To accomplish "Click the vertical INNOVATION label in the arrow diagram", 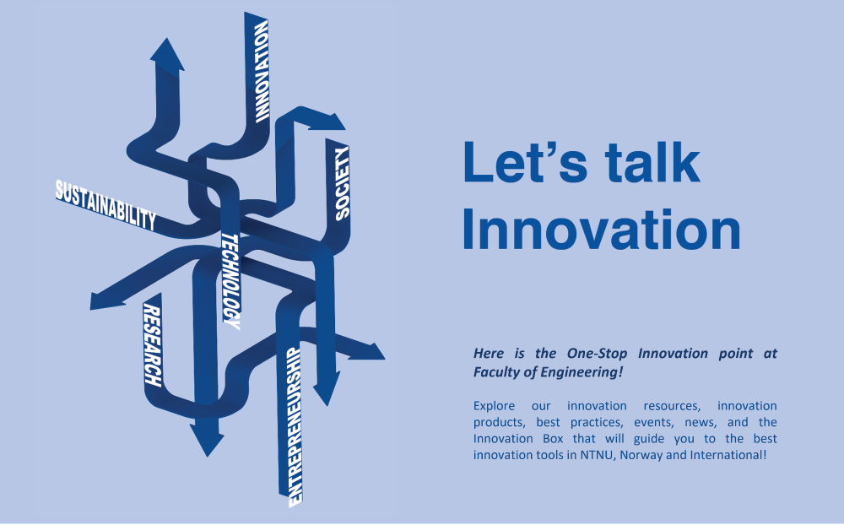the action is click(x=262, y=72).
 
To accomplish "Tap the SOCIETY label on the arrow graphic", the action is click(x=342, y=184).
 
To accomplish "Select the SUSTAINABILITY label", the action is click(x=106, y=204).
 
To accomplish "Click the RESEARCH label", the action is click(x=152, y=345).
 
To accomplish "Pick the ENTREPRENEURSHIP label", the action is click(x=295, y=427).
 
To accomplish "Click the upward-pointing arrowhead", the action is click(x=167, y=54).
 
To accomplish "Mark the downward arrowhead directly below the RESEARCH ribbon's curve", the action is click(x=207, y=438).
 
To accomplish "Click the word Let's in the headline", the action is click(x=525, y=162).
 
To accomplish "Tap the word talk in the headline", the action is click(x=652, y=162).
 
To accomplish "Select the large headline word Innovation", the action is click(x=601, y=230).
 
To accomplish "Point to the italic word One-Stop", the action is click(x=597, y=354).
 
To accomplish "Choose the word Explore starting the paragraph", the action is click(x=494, y=406).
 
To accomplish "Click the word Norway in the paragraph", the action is click(x=641, y=455).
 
